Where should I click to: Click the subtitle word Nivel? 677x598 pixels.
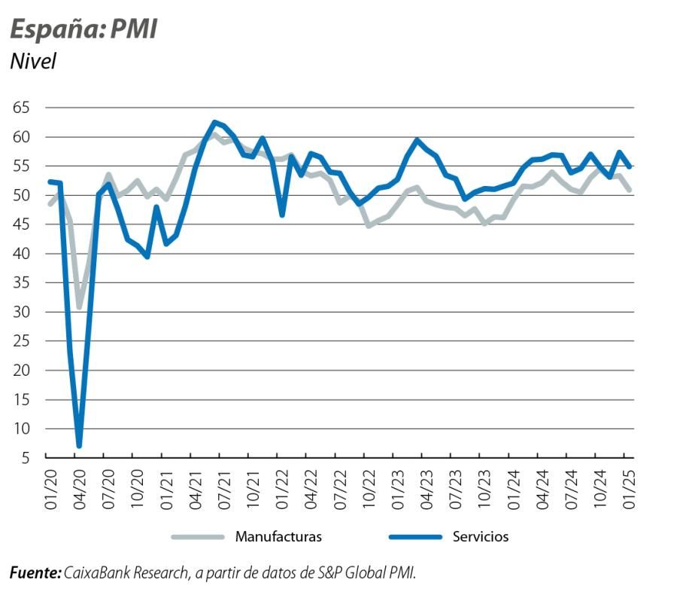[33, 61]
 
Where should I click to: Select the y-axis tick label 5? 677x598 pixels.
[25, 458]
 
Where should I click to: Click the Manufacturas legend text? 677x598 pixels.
[278, 537]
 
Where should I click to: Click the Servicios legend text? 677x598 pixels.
[481, 537]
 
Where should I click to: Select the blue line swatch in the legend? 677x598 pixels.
[414, 537]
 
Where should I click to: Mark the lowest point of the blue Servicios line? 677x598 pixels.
[79, 446]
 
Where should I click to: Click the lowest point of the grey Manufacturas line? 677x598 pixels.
[79, 307]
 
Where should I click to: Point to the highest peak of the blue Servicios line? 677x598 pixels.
[214, 122]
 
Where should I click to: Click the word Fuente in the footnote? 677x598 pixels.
[35, 573]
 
